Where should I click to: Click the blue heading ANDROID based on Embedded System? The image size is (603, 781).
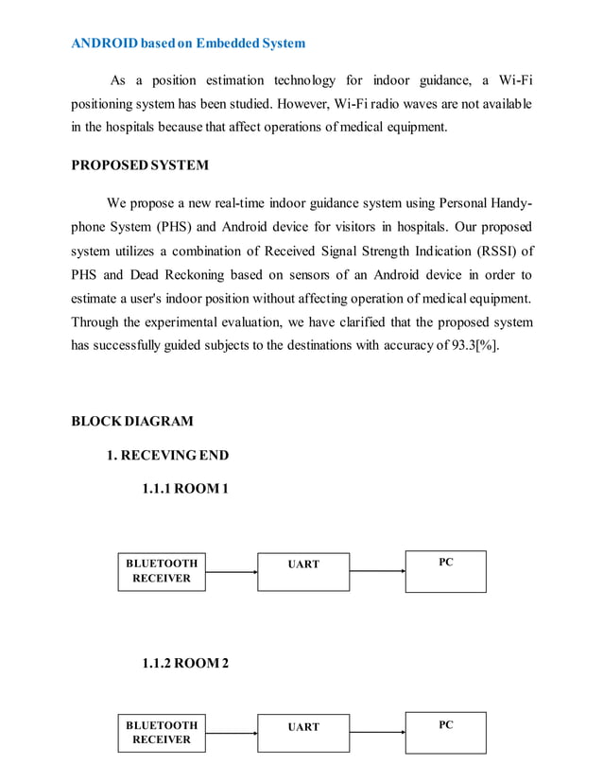[188, 43]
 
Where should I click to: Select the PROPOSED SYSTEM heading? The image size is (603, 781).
[140, 165]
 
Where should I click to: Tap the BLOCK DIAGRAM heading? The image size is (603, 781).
[132, 421]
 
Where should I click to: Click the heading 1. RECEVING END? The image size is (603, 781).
[167, 455]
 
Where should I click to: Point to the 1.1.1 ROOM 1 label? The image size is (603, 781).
[185, 489]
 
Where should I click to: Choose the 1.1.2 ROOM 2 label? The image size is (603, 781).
[185, 663]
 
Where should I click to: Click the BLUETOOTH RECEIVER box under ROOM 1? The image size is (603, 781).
[162, 571]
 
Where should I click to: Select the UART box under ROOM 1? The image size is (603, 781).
[303, 572]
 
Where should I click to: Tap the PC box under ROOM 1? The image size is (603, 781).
[446, 571]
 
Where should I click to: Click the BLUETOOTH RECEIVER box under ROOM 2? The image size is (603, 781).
[162, 733]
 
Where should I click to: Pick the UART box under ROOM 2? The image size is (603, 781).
[303, 734]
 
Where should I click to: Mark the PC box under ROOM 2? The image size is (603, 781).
[446, 733]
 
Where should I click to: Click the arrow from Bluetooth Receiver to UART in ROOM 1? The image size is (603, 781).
[232, 571]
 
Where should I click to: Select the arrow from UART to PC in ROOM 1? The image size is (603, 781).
[377, 571]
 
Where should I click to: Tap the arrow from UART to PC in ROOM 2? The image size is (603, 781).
[377, 733]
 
